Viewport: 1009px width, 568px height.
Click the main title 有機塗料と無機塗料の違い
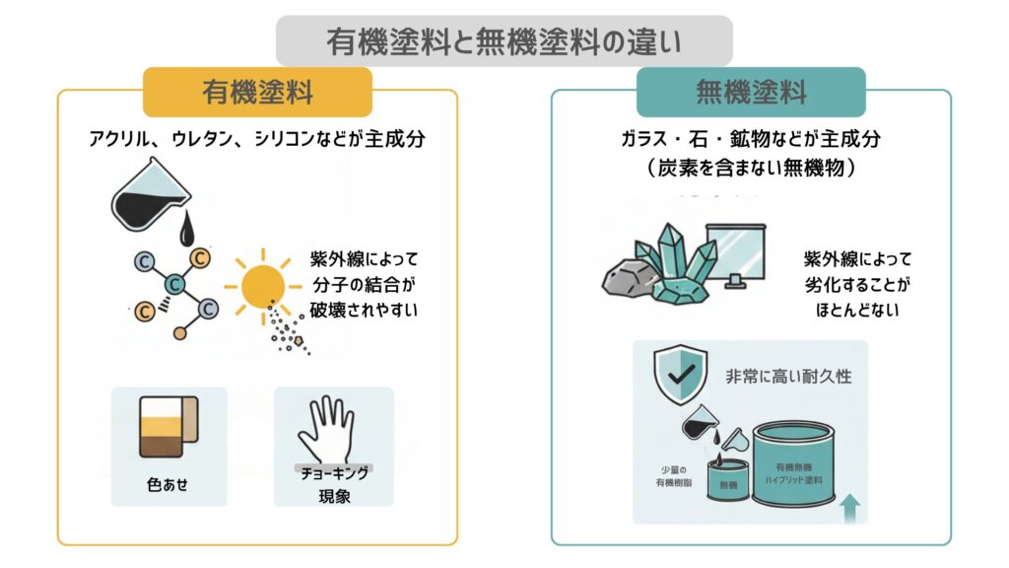click(x=504, y=42)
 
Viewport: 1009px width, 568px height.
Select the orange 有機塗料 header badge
click(x=257, y=93)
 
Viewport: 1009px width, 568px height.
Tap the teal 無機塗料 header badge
click(x=751, y=93)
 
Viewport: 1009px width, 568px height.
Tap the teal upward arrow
click(x=848, y=505)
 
